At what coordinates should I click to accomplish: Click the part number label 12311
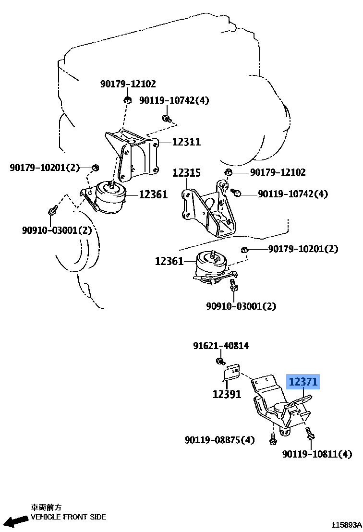tap(180, 142)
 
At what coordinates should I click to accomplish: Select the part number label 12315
tap(186, 173)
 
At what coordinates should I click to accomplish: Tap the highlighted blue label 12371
tap(303, 383)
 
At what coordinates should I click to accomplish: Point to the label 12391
tap(227, 394)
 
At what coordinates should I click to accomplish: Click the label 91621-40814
tap(221, 346)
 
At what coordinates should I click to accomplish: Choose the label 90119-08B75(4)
tap(219, 440)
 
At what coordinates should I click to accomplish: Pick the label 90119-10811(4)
tap(317, 454)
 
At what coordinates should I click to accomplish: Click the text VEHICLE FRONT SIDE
tap(68, 517)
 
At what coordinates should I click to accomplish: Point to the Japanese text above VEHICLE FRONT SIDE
tap(46, 508)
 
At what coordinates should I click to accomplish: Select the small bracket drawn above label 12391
tap(231, 374)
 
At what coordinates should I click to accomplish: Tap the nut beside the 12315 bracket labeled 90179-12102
tap(229, 173)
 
